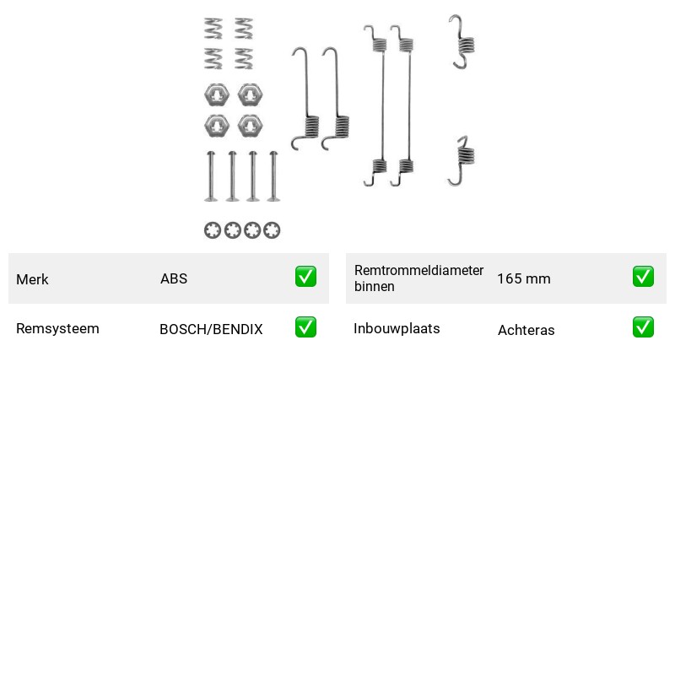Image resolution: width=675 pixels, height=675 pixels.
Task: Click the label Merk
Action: pyautogui.click(x=32, y=279)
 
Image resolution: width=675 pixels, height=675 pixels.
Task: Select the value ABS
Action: pyautogui.click(x=174, y=278)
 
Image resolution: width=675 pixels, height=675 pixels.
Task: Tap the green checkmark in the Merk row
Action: pyautogui.click(x=305, y=277)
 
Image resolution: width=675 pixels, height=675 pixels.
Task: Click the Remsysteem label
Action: pyautogui.click(x=57, y=328)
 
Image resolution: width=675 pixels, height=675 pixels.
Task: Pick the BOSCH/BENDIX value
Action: pyautogui.click(x=211, y=329)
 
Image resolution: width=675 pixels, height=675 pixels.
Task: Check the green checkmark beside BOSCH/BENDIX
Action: pyautogui.click(x=305, y=327)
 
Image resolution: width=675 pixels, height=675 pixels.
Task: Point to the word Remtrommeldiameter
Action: pyautogui.click(x=418, y=270)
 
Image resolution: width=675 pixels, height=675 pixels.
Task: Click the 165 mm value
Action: pyautogui.click(x=524, y=278)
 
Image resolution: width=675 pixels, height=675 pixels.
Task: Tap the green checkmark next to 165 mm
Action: pyautogui.click(x=643, y=277)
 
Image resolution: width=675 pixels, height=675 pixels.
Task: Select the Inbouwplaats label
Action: pyautogui.click(x=397, y=328)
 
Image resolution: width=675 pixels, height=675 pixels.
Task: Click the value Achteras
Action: pyautogui.click(x=526, y=330)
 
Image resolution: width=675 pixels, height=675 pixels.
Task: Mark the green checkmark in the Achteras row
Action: pyautogui.click(x=643, y=327)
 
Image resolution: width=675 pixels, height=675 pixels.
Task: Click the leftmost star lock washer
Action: pyautogui.click(x=213, y=230)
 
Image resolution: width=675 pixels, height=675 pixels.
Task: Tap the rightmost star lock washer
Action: pyautogui.click(x=272, y=230)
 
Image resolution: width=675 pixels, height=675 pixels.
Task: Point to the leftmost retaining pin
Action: pyautogui.click(x=210, y=176)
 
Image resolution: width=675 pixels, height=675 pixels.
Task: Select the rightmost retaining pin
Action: pyautogui.click(x=273, y=176)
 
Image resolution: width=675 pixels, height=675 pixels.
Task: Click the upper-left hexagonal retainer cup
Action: pyautogui.click(x=216, y=95)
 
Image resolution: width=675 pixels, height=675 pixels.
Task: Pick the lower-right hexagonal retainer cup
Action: pyautogui.click(x=250, y=126)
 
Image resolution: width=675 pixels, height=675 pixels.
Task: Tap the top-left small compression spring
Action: pyautogui.click(x=213, y=29)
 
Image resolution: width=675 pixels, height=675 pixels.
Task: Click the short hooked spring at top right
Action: pyautogui.click(x=462, y=41)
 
